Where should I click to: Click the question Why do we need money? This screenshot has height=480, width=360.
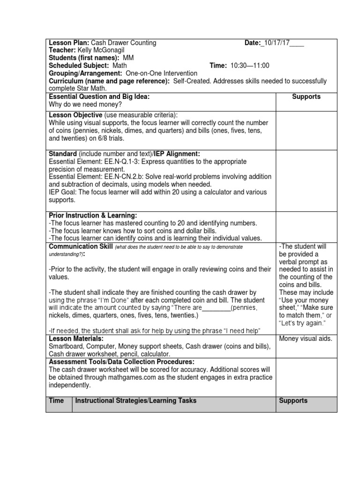[x=85, y=105]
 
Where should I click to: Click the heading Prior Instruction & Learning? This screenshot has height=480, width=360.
[x=93, y=215]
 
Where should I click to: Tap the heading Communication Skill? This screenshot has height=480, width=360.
[x=81, y=247]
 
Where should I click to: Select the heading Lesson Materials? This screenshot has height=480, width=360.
[x=76, y=338]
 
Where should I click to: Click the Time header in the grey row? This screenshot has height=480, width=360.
[x=57, y=401]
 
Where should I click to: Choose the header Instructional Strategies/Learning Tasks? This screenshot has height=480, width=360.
[x=136, y=401]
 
